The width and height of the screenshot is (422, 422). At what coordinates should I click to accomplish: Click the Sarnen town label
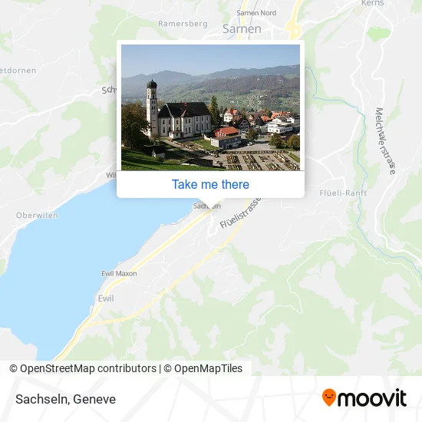(x=241, y=28)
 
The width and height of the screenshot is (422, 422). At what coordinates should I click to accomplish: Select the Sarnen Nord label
(x=256, y=12)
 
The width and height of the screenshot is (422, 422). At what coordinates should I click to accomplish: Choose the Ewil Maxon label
(x=119, y=273)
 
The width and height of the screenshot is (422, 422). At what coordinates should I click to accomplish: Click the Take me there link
(x=210, y=184)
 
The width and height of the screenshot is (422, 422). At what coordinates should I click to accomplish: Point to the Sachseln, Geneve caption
(x=64, y=399)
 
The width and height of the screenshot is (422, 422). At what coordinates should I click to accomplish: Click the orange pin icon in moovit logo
(x=329, y=397)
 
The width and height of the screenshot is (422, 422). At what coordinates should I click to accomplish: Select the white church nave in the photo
(x=185, y=122)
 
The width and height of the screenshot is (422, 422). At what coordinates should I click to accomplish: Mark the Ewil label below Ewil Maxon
(x=106, y=298)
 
